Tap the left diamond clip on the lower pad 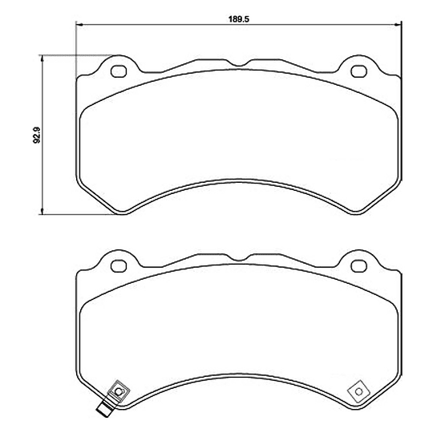point(119,391)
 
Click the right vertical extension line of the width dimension point(399,48)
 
